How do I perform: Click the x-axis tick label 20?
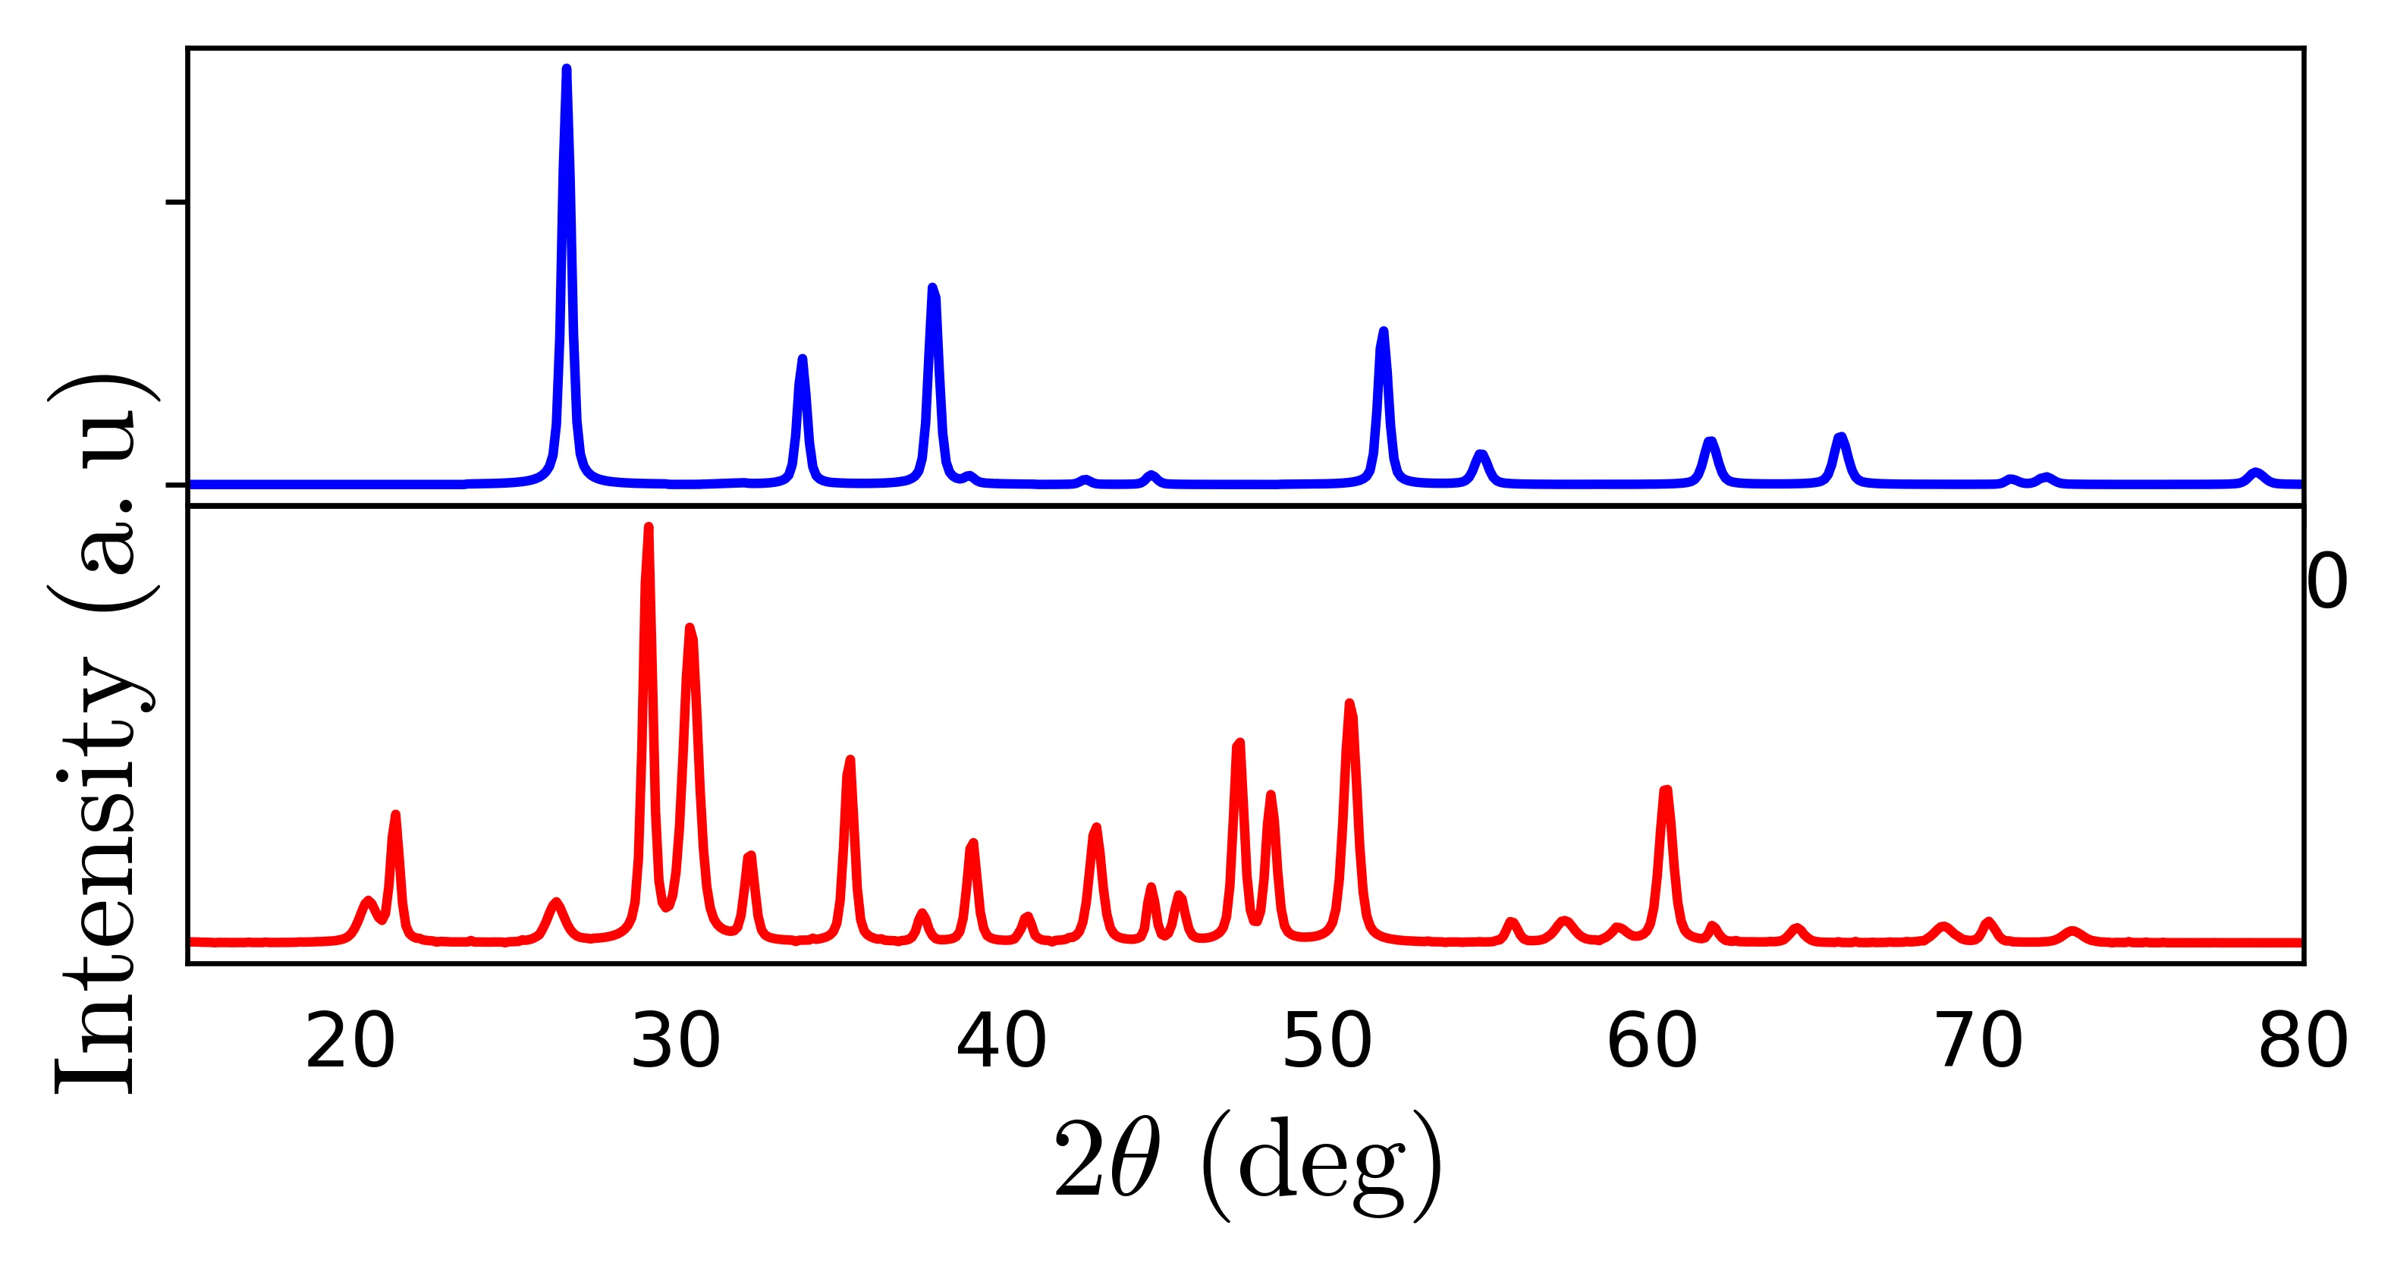pyautogui.click(x=350, y=1043)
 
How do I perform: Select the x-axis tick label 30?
pyautogui.click(x=676, y=1043)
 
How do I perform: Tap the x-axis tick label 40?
pyautogui.click(x=1001, y=1043)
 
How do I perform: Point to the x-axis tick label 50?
pyautogui.click(x=1327, y=1043)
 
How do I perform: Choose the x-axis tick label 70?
pyautogui.click(x=1978, y=1043)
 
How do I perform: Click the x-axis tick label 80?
pyautogui.click(x=2302, y=1043)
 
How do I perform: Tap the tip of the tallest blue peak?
pyautogui.click(x=567, y=68)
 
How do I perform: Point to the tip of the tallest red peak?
pyautogui.click(x=649, y=526)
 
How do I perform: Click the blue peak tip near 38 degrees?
pyautogui.click(x=933, y=287)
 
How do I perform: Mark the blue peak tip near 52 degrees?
pyautogui.click(x=1384, y=330)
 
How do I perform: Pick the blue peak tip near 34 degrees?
pyautogui.click(x=802, y=358)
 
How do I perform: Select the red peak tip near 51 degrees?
pyautogui.click(x=1349, y=702)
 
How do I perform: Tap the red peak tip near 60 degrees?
pyautogui.click(x=1667, y=790)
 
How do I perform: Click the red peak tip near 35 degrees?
pyautogui.click(x=850, y=759)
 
